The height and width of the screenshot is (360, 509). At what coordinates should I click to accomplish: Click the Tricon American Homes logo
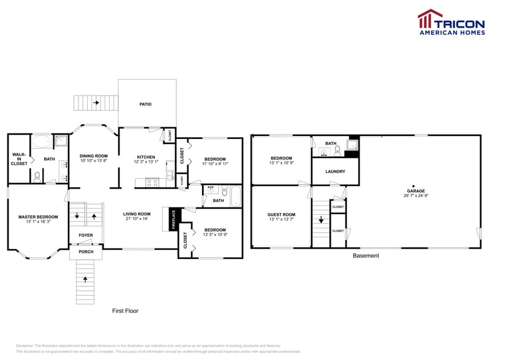pos(451,23)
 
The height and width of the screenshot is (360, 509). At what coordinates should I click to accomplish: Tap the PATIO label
pos(145,104)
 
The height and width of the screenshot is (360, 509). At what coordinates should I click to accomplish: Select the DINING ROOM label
pos(94,156)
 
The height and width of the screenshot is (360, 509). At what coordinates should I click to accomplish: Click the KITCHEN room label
pos(146,157)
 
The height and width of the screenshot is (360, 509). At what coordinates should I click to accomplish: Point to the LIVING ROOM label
pos(137,214)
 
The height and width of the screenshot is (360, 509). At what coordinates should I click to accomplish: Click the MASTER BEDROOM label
pos(38,217)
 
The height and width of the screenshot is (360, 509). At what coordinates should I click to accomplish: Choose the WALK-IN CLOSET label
pos(18,159)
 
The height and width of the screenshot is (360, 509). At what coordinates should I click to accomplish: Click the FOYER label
pos(85,235)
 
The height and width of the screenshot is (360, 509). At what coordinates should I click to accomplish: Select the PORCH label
pos(85,252)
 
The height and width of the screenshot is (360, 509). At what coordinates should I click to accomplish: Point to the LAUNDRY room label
pos(334,171)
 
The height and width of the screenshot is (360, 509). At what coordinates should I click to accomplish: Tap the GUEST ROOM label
pos(281,214)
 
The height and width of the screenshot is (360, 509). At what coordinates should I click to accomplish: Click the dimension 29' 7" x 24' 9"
pos(415,196)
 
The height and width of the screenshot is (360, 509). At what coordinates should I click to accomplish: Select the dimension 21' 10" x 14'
pos(137,219)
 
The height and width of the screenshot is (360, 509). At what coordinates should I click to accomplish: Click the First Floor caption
pos(125,311)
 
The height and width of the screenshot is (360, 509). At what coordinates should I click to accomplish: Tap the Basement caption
pos(366,255)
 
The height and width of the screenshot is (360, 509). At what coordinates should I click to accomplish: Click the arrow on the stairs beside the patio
pos(96,103)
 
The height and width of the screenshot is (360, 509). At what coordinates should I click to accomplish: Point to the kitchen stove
pos(153,182)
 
